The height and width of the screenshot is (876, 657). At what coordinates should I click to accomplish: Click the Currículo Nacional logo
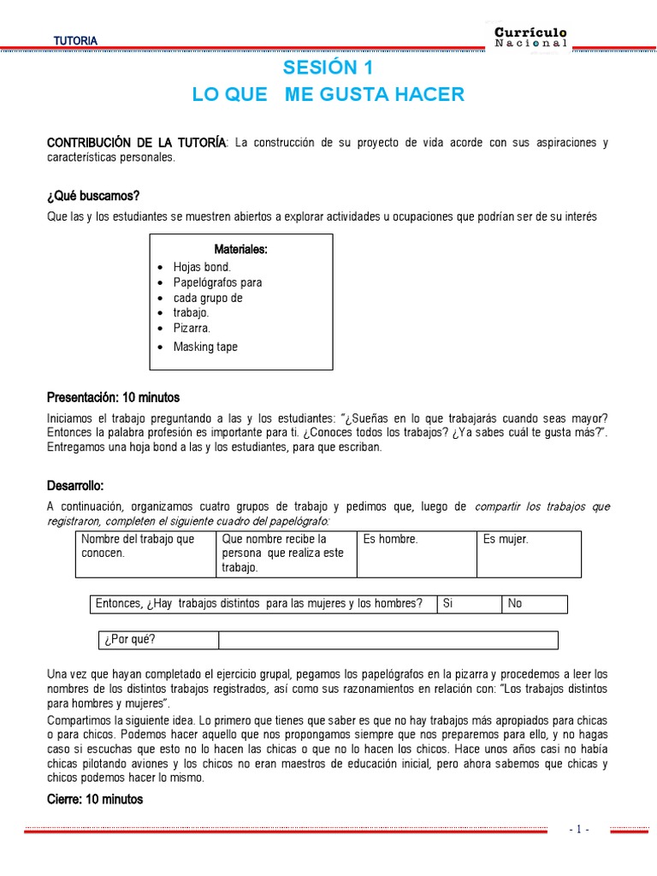click(530, 37)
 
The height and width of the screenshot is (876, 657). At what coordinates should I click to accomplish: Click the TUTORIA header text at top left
click(75, 41)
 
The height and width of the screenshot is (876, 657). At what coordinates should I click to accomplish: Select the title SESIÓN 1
click(328, 68)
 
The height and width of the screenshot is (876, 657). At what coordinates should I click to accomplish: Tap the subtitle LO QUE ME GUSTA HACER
click(328, 95)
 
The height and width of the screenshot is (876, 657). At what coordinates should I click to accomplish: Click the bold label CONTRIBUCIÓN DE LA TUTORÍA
click(137, 142)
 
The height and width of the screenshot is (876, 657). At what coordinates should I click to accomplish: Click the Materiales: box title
click(240, 250)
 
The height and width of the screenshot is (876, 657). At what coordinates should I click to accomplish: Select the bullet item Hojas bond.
click(202, 267)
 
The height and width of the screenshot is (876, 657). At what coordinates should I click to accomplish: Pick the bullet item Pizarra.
click(192, 328)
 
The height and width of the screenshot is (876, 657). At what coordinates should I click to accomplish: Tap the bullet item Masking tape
click(205, 346)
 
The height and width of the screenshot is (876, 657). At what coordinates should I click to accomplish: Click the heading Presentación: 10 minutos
click(113, 398)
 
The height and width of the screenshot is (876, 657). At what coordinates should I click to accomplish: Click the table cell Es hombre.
click(390, 540)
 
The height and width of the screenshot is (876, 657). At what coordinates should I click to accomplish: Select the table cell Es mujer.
click(506, 540)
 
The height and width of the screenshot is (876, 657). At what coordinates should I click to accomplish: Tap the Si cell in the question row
click(447, 604)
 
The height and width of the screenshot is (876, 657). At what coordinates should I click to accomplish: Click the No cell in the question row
click(515, 604)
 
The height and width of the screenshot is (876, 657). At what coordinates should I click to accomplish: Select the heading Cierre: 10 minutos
click(95, 799)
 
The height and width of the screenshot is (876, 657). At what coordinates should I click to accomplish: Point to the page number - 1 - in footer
click(579, 829)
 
